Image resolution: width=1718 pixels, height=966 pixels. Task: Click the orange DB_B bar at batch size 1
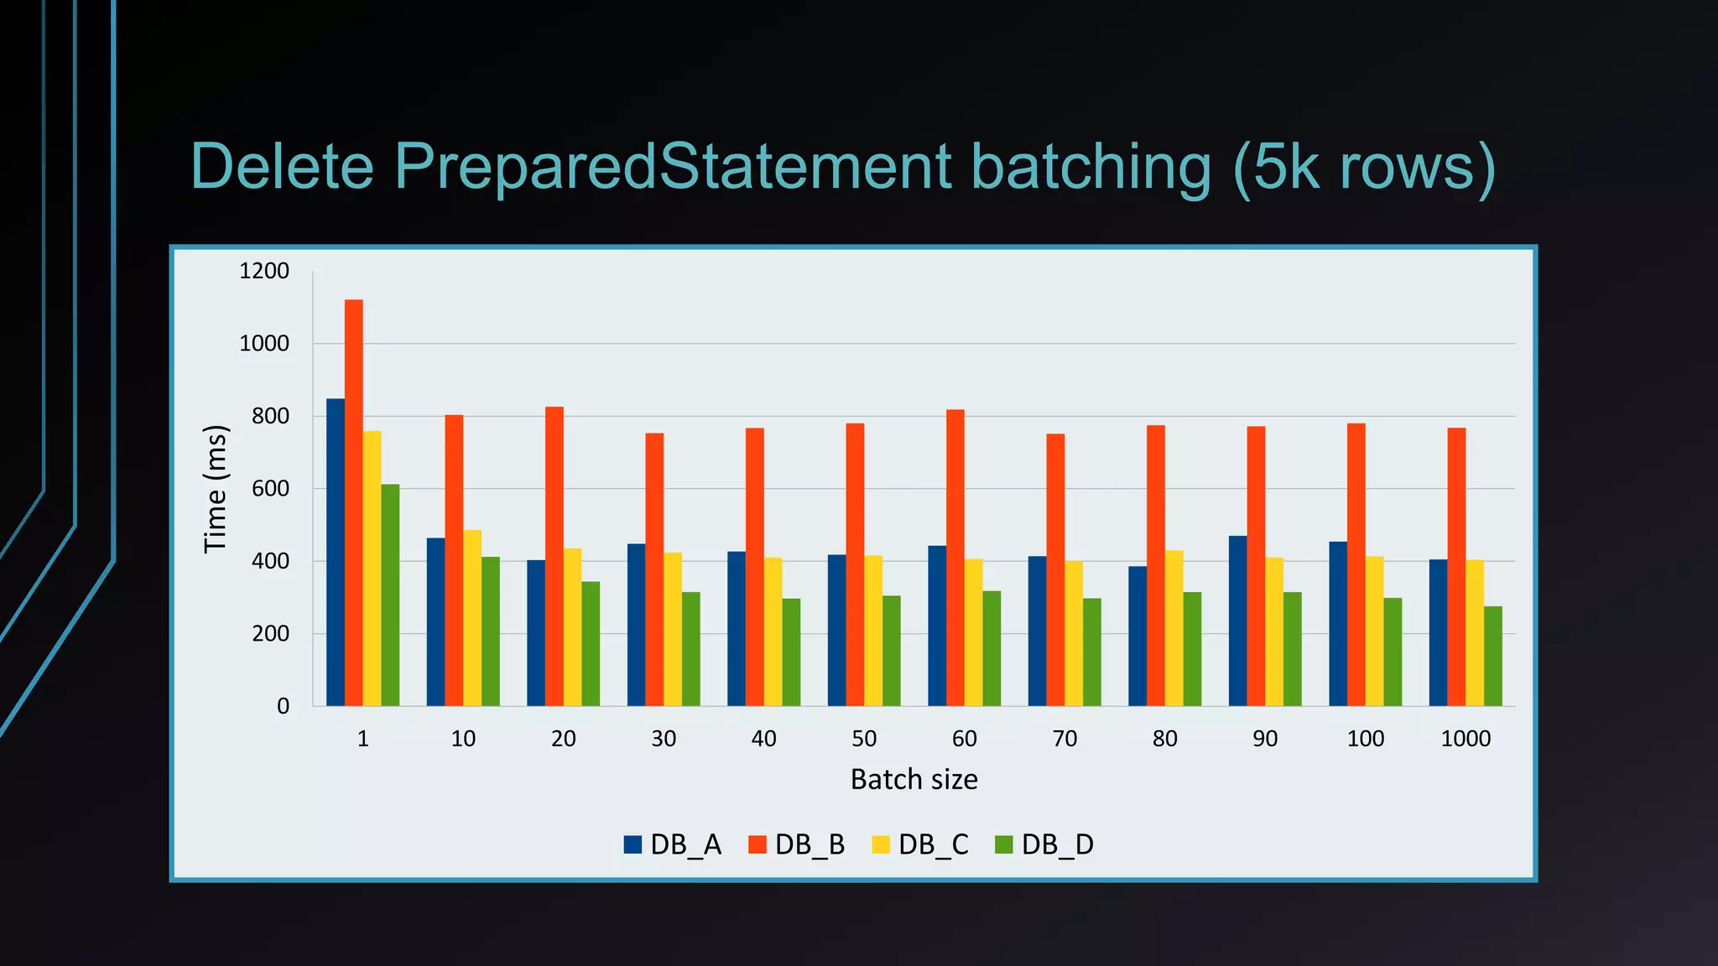[x=353, y=503]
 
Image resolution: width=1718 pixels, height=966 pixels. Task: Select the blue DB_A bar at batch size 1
[x=335, y=553]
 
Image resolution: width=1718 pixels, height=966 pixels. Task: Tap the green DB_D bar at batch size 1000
[x=1493, y=656]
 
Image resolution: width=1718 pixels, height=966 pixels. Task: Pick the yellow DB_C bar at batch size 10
[x=472, y=618]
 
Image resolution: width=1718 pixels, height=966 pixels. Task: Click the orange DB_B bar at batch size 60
[x=955, y=558]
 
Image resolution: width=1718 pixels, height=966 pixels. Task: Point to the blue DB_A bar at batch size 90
[x=1237, y=621]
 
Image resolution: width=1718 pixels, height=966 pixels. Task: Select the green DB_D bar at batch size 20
[x=591, y=644]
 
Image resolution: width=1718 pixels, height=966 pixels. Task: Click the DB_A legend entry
[x=673, y=844]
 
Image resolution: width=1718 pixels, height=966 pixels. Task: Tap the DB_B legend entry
[x=797, y=844]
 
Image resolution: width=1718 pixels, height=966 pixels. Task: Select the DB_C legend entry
[x=920, y=844]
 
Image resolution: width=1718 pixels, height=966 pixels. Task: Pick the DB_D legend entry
[x=1044, y=844]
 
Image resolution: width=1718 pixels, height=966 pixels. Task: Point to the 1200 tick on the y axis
[x=264, y=271]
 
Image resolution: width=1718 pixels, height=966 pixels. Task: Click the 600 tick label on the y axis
[x=270, y=489]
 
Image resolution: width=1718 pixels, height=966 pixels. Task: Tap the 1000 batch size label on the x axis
[x=1466, y=739]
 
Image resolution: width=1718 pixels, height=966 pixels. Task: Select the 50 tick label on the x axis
[x=864, y=739]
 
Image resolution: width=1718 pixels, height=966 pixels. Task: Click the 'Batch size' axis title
[x=914, y=780]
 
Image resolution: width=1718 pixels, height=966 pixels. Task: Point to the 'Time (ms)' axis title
[x=216, y=489]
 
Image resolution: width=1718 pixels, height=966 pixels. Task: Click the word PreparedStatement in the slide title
[x=672, y=166]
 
